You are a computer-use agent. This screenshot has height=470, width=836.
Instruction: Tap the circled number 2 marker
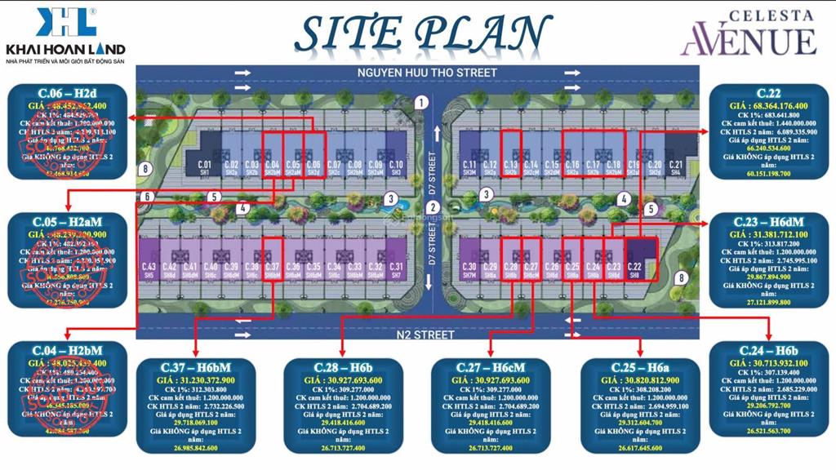434,206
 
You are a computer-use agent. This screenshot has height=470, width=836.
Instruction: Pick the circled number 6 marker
148,197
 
